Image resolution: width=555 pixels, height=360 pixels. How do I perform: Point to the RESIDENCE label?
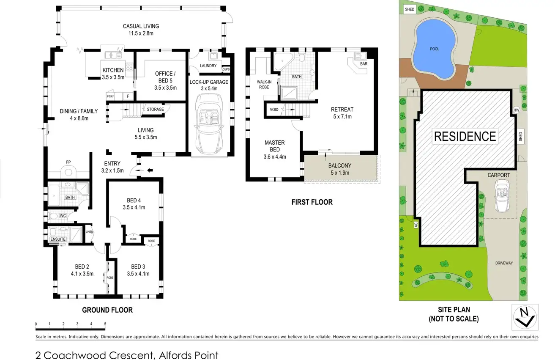[465, 136]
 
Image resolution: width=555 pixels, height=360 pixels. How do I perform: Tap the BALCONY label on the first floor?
[340, 165]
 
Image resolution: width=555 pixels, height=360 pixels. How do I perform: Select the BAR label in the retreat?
[363, 64]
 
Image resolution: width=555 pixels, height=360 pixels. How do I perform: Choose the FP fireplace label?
[68, 162]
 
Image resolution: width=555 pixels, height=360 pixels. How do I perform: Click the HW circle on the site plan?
[516, 110]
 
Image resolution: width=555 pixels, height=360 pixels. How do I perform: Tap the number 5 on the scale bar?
[105, 324]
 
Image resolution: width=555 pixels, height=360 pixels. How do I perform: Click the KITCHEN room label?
[113, 70]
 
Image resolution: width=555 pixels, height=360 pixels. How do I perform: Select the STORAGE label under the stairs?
[155, 110]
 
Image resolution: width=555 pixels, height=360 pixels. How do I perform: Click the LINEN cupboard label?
[89, 231]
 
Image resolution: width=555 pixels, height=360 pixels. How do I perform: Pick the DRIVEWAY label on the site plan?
[504, 263]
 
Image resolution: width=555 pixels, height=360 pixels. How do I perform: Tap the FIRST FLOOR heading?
[312, 202]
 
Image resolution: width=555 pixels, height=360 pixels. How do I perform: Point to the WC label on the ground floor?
[63, 216]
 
